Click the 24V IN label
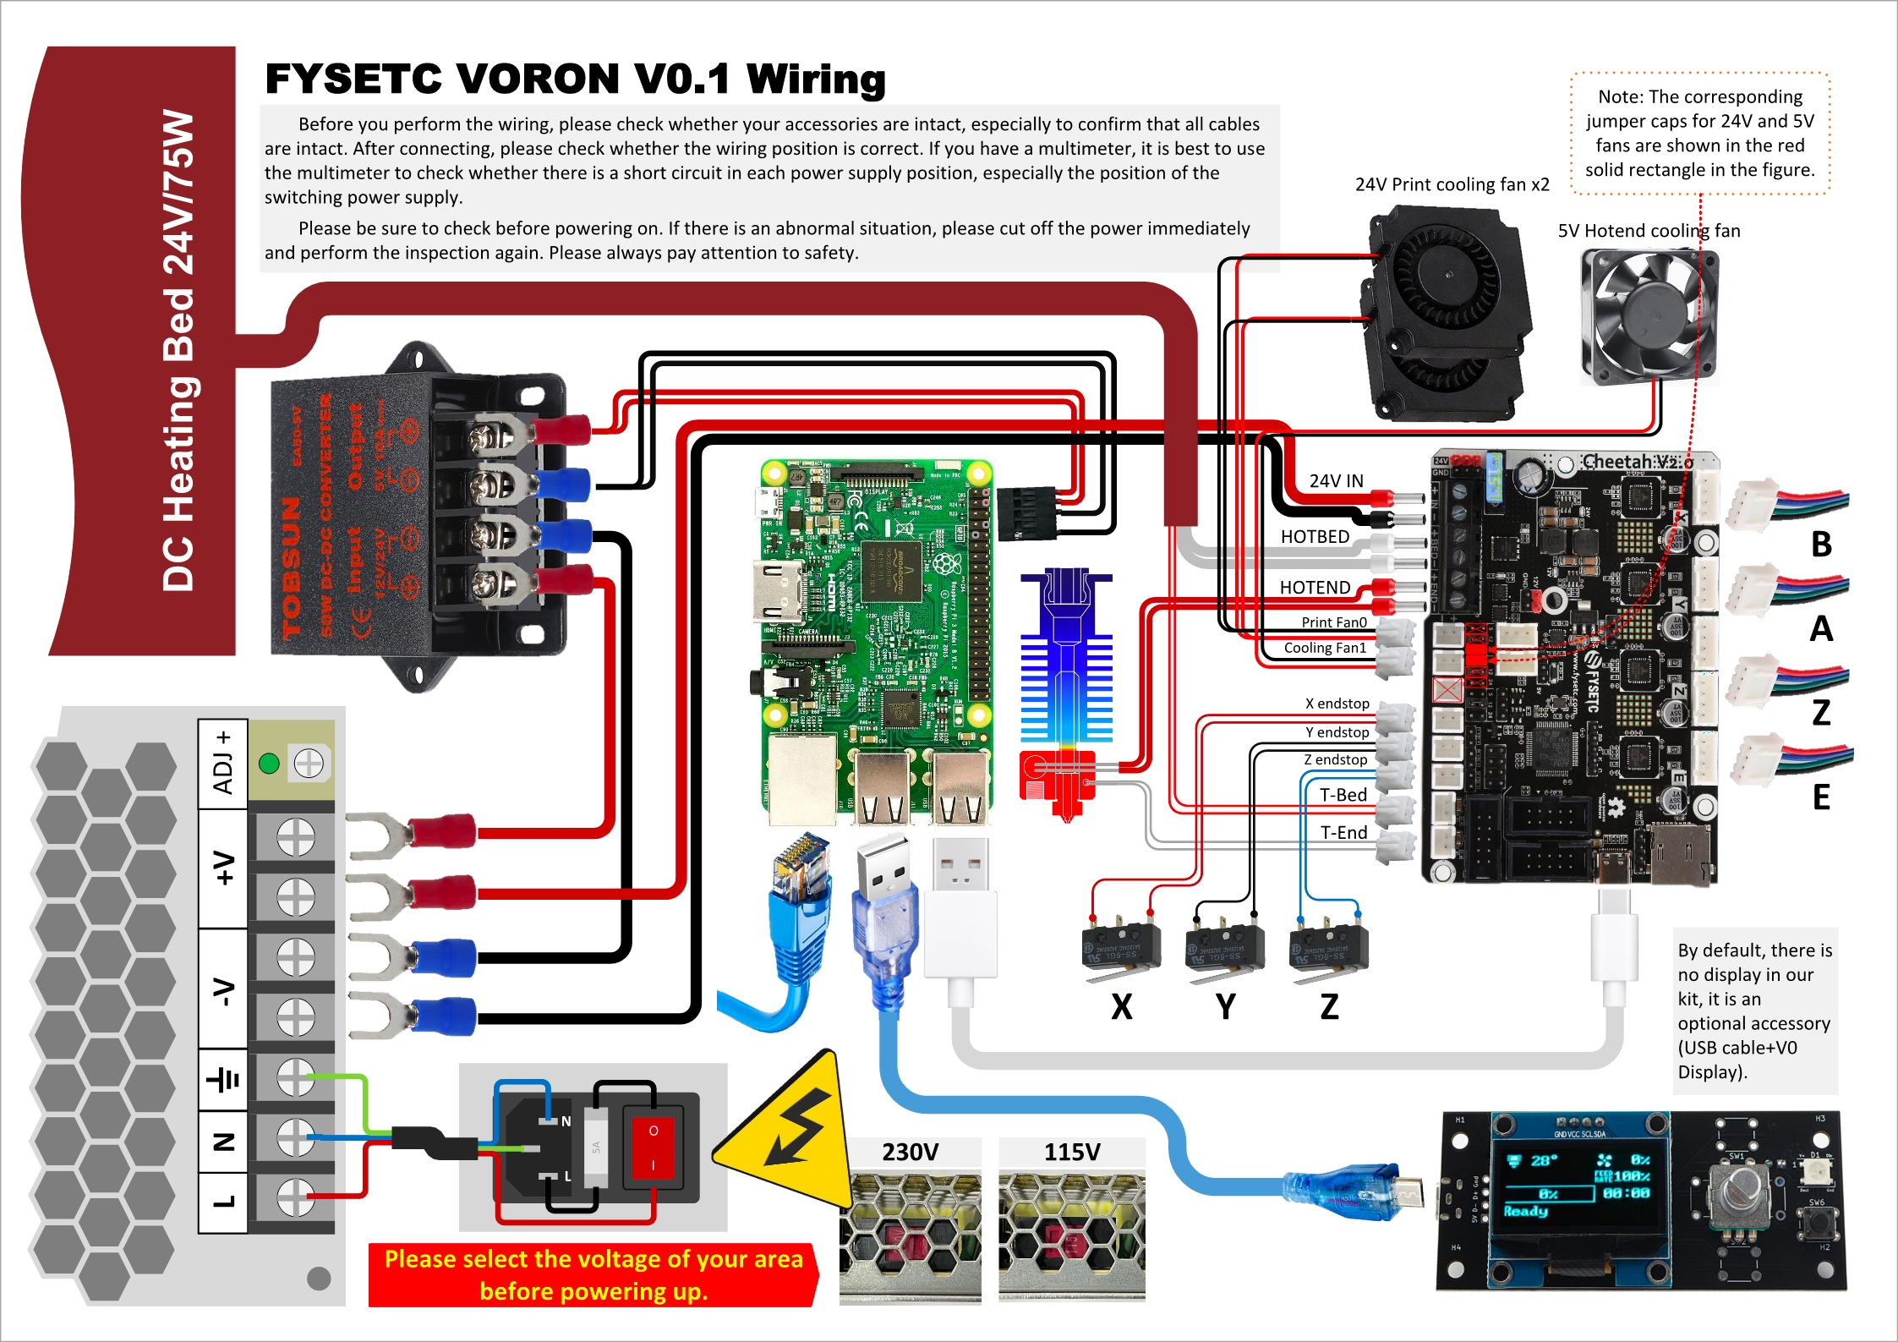(x=1336, y=481)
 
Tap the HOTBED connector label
(x=1315, y=537)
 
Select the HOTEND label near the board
(x=1315, y=588)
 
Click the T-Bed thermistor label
(x=1343, y=795)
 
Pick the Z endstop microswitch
(x=1328, y=947)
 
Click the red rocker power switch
(x=653, y=1147)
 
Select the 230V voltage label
(x=910, y=1153)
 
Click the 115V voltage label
(x=1072, y=1153)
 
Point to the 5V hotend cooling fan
(x=1649, y=317)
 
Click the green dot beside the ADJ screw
(x=270, y=764)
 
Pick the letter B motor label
(x=1821, y=545)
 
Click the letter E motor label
(x=1821, y=797)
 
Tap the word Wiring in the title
(x=816, y=79)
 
